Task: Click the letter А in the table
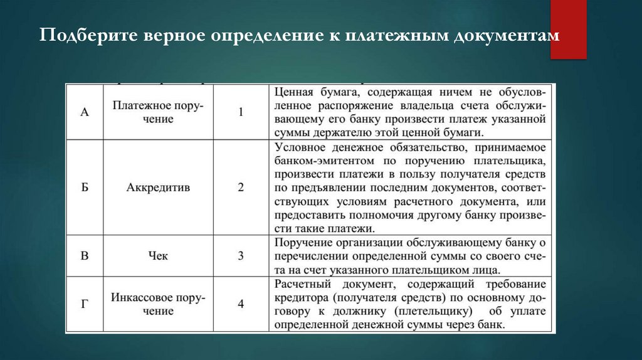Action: tap(85, 112)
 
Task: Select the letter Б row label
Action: tap(85, 187)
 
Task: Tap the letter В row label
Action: tap(85, 256)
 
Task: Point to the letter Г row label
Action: tap(85, 304)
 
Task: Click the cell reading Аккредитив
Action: tap(158, 187)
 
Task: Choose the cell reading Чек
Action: tap(158, 256)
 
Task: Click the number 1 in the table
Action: tap(240, 112)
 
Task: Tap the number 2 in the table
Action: tap(240, 187)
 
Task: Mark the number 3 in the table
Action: tap(240, 256)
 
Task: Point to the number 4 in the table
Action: tap(240, 304)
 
